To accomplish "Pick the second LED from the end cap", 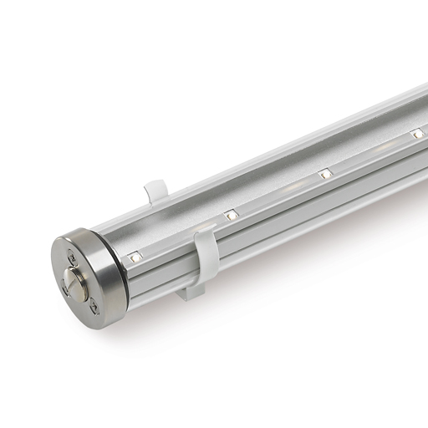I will tap(230, 216).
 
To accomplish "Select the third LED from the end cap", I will tap(324, 174).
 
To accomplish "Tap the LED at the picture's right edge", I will tap(417, 133).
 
